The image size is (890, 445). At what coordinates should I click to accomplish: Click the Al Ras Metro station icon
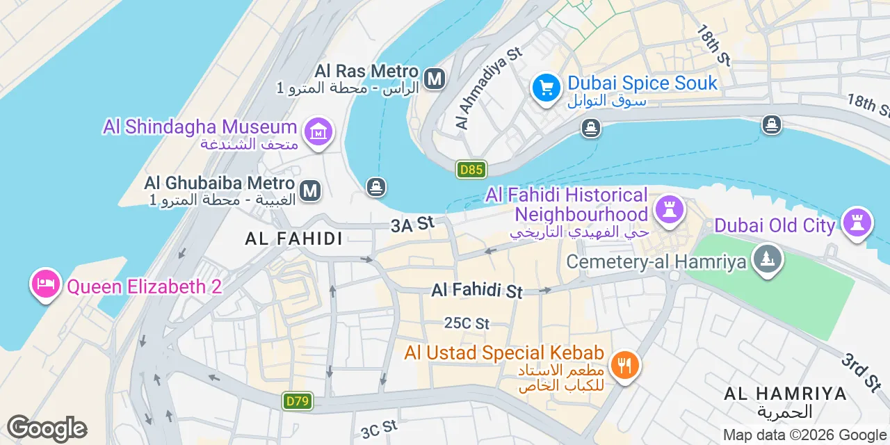coord(435,79)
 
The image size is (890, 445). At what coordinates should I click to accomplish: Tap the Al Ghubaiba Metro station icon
coord(310,191)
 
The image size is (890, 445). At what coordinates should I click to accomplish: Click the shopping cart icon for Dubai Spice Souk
coord(547,88)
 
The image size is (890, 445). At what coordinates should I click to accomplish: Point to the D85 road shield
coord(471,169)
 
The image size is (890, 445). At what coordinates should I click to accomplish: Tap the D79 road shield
coord(298,400)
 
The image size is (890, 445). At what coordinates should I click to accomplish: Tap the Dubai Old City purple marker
coord(857,223)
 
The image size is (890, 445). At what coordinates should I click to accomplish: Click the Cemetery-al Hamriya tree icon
coord(768,261)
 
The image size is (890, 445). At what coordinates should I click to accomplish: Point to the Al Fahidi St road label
coord(477,290)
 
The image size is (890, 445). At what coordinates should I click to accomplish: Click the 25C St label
coord(467,323)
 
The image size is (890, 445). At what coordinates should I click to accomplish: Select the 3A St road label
coord(412,224)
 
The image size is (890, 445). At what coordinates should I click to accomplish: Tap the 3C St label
coord(379,428)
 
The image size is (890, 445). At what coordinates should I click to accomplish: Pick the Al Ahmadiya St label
coord(489,88)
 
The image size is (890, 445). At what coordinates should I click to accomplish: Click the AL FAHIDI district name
coord(293,238)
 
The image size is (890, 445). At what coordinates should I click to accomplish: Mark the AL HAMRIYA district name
coord(785,394)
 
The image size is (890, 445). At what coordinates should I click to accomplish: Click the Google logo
coord(47,428)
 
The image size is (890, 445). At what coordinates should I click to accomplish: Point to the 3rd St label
coord(861,373)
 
